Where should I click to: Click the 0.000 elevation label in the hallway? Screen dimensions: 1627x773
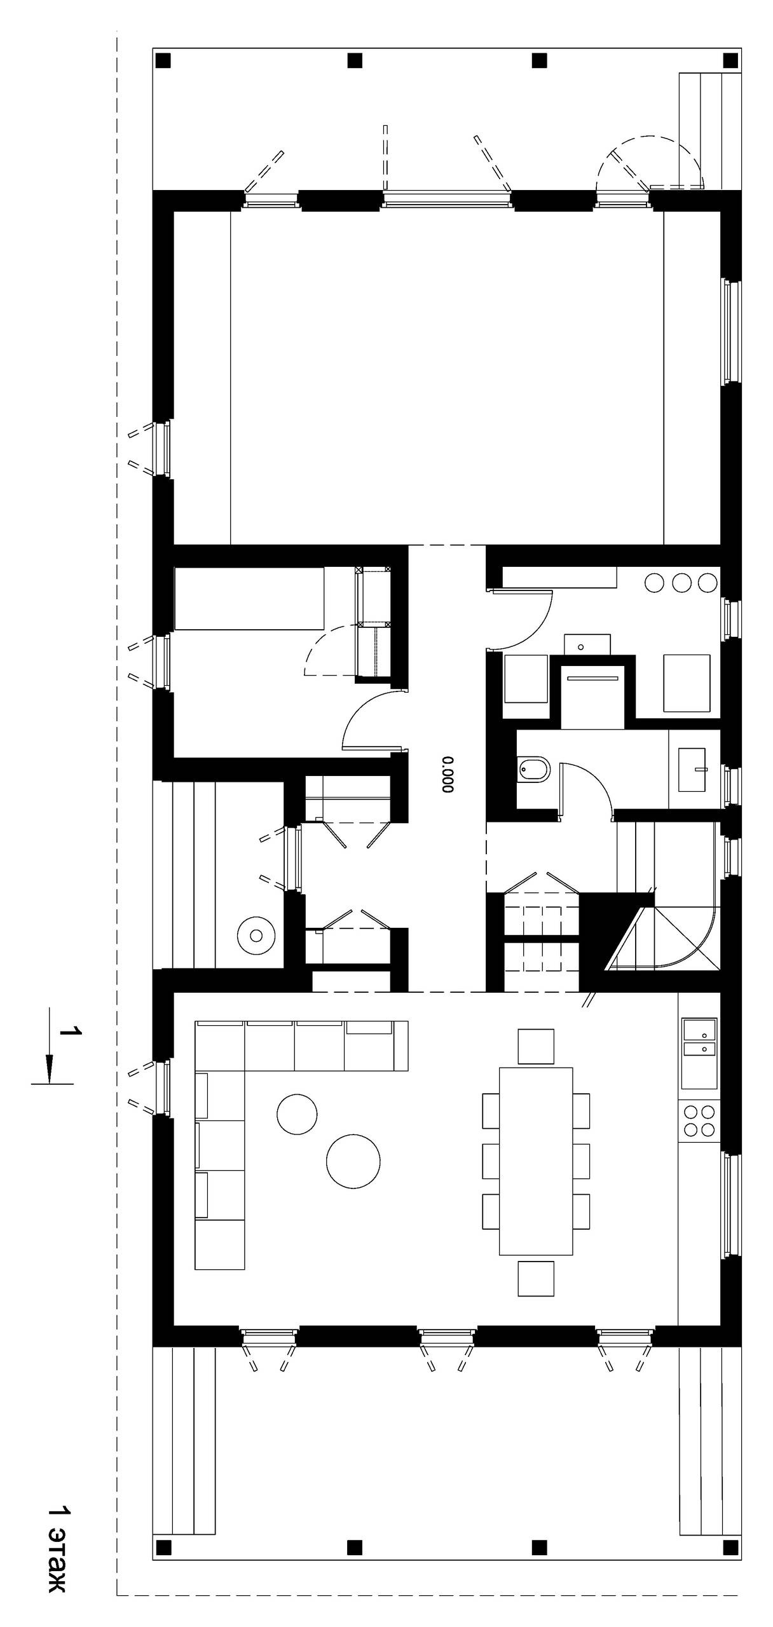[x=448, y=774]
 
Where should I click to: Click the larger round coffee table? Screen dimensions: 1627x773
[x=353, y=1160]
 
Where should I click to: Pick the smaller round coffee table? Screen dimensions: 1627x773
[x=297, y=1113]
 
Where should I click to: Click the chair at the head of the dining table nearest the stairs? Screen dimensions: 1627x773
[x=536, y=1046]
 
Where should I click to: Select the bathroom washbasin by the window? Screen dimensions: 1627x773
[x=692, y=770]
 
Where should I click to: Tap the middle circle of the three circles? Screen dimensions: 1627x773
[x=681, y=582]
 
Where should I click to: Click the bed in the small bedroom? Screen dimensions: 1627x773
[x=249, y=598]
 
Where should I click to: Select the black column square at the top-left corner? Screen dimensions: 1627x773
[x=163, y=61]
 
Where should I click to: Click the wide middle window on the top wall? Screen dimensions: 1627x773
[x=447, y=200]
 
